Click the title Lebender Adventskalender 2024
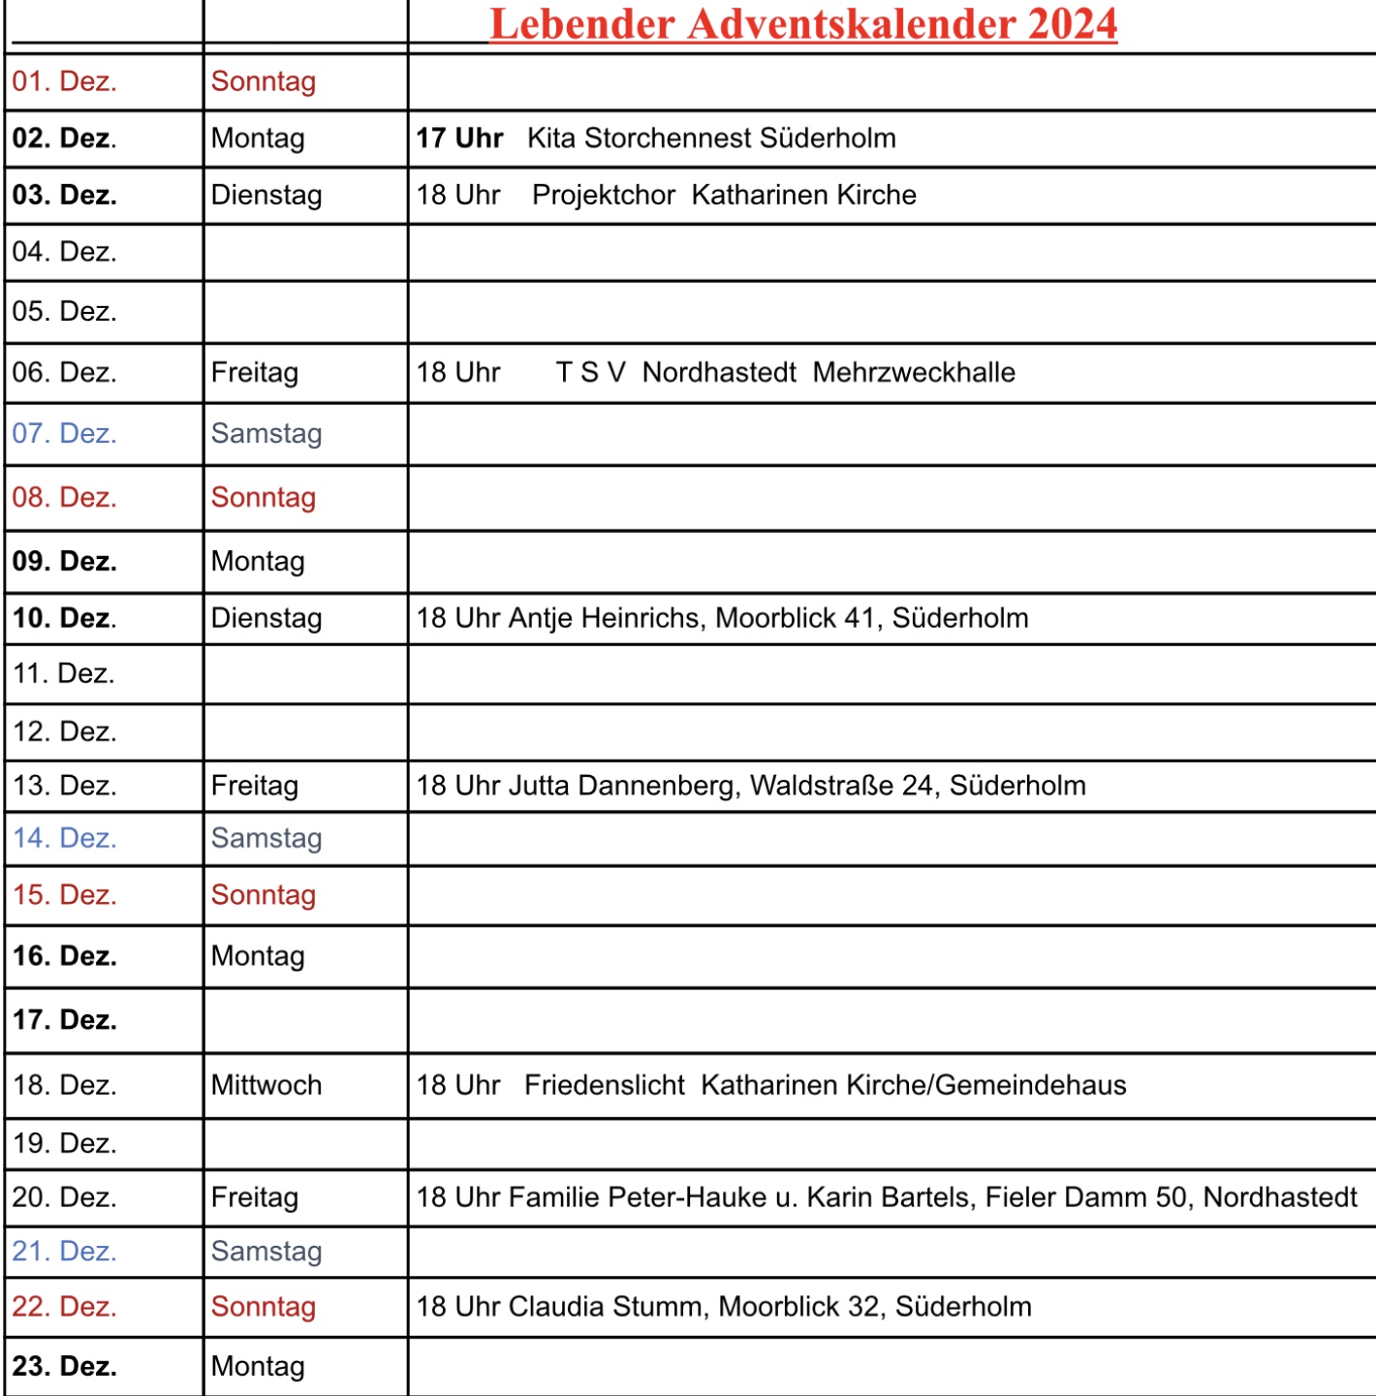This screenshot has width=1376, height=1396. (x=803, y=24)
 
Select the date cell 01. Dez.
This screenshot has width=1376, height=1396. (x=65, y=81)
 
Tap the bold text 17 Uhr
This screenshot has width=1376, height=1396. (x=459, y=139)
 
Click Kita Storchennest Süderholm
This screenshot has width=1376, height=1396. (x=711, y=139)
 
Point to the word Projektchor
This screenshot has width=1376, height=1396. (x=604, y=195)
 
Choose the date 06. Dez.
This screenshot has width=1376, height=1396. (x=65, y=373)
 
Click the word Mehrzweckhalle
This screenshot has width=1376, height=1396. (x=914, y=373)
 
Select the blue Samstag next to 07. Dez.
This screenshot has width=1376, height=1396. (x=266, y=434)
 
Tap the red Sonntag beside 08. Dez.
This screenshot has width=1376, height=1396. (x=264, y=498)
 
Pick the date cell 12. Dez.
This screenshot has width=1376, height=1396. (x=65, y=732)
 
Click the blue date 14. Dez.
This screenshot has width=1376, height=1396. (x=65, y=838)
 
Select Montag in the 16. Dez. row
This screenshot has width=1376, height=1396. (x=258, y=956)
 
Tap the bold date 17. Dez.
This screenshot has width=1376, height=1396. (x=65, y=1020)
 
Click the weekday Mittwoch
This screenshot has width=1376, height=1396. (x=266, y=1085)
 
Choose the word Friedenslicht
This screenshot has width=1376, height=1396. (x=605, y=1085)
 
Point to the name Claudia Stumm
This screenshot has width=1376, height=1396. (x=611, y=1307)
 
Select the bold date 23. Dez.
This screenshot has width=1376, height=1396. (x=65, y=1366)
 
